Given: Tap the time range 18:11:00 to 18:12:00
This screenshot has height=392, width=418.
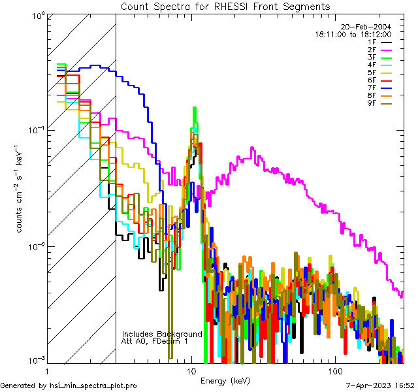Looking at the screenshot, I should coord(353,34).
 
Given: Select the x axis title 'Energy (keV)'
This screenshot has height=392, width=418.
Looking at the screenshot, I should coord(225,380).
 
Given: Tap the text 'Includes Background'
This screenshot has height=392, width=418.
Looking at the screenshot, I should coord(162,334).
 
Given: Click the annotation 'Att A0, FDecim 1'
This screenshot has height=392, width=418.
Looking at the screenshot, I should coord(155,341).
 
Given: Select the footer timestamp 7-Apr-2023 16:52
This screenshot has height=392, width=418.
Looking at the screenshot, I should coord(380,385).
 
